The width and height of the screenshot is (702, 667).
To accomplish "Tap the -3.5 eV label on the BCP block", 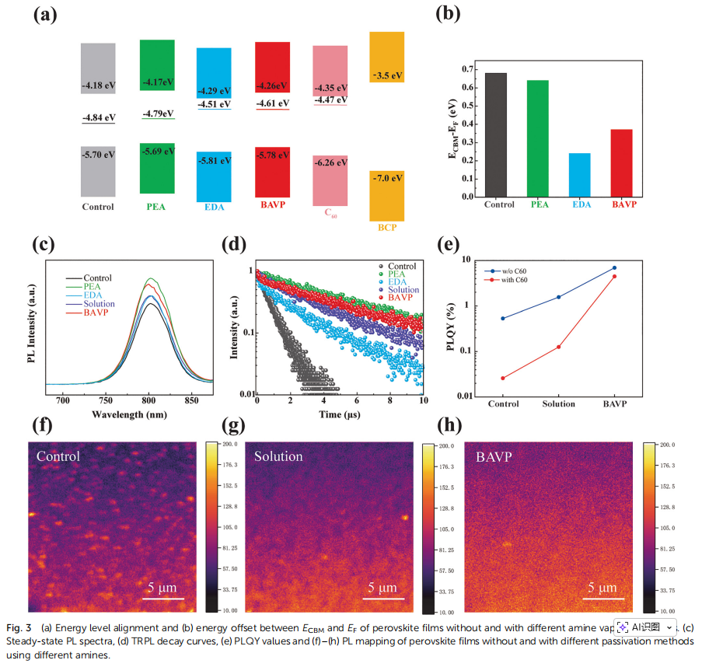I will coord(386,75).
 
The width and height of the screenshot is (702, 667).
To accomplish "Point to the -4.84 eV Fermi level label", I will coord(98,117).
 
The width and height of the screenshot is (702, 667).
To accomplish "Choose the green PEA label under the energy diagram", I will coord(156,207).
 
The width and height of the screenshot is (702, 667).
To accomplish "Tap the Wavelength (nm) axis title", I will coord(129,414).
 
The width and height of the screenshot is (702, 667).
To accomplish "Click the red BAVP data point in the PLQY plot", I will coord(614,277).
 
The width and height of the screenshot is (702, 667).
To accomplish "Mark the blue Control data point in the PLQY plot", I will coord(502,318).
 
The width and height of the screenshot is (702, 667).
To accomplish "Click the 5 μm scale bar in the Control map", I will coord(166,598).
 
